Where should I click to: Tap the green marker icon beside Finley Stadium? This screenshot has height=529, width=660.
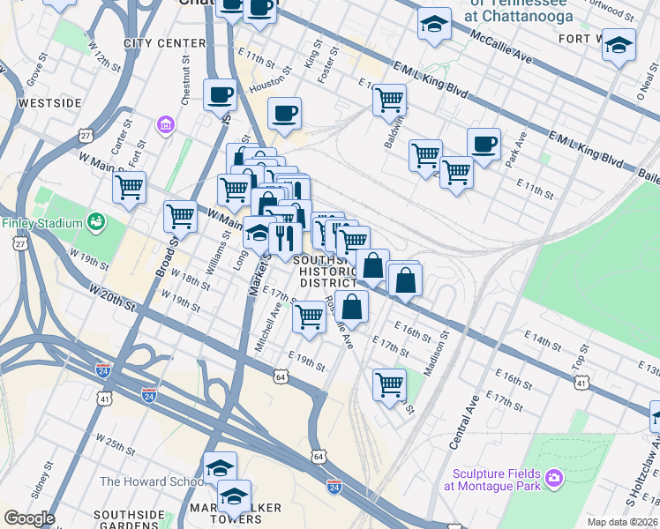96,222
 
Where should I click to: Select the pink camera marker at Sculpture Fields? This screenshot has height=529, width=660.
554,478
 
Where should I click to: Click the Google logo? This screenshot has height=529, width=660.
29,518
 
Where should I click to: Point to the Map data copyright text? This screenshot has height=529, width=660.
622,522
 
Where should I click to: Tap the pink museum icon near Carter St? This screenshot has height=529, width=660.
164,126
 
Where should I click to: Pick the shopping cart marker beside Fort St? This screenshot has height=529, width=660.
130,186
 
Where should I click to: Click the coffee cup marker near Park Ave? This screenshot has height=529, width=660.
484,144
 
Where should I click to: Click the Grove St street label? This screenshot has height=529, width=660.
36,71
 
